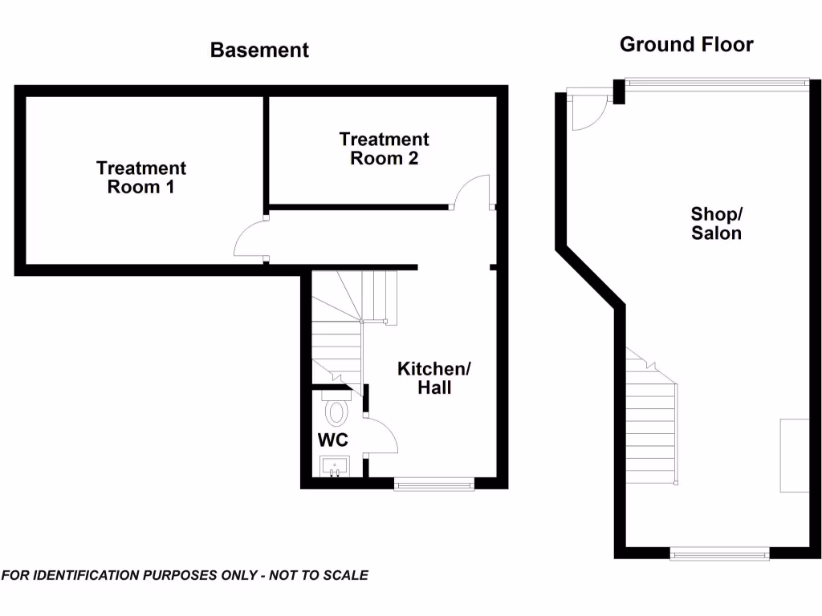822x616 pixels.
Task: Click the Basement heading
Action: pyautogui.click(x=259, y=50)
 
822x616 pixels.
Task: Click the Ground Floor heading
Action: pyautogui.click(x=686, y=44)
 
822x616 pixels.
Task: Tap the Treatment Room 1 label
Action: pyautogui.click(x=141, y=177)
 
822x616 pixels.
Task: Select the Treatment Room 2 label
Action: pyautogui.click(x=384, y=148)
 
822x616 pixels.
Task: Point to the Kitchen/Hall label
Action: pyautogui.click(x=434, y=378)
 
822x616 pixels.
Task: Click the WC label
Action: pyautogui.click(x=332, y=440)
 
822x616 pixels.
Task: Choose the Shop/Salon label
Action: pyautogui.click(x=717, y=224)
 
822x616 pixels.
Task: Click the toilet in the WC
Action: pyautogui.click(x=336, y=411)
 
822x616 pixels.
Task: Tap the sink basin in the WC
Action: pyautogui.click(x=334, y=466)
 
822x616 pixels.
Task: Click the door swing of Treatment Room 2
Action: pyautogui.click(x=472, y=190)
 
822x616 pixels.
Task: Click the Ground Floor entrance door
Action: pyautogui.click(x=584, y=110)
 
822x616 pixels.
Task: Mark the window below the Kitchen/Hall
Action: pyautogui.click(x=434, y=484)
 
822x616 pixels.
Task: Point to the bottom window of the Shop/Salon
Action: pyautogui.click(x=719, y=553)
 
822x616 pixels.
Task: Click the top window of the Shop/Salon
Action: pyautogui.click(x=714, y=81)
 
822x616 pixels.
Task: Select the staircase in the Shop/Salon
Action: pyautogui.click(x=653, y=425)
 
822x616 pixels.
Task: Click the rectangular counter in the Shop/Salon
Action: pyautogui.click(x=795, y=455)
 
